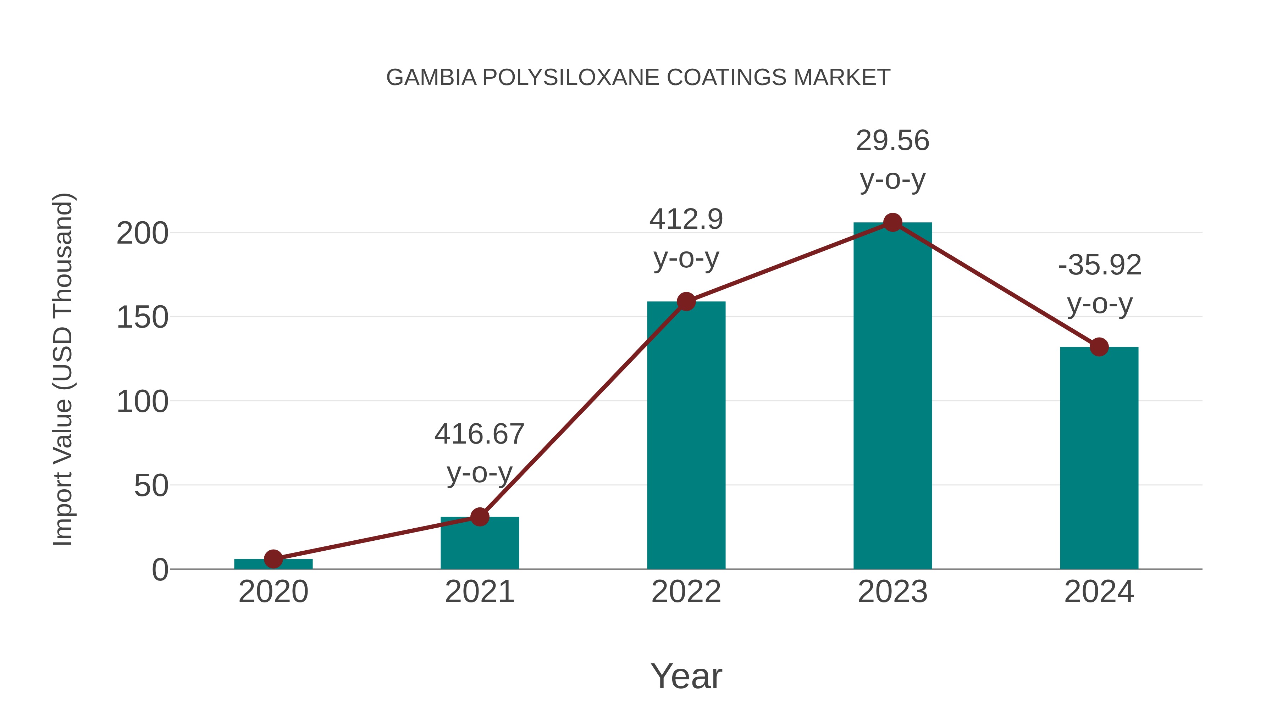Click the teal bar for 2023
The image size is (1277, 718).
point(892,396)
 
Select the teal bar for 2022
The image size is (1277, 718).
point(686,436)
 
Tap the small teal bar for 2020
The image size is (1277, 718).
point(273,564)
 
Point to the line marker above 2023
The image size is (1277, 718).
point(892,223)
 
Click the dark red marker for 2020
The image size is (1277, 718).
point(273,559)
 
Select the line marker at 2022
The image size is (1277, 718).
point(686,301)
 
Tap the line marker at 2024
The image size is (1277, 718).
point(1099,347)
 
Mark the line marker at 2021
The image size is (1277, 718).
point(479,517)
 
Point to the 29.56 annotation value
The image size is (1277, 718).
point(892,141)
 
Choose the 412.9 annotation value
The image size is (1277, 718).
point(686,219)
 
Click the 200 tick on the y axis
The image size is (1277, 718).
point(142,233)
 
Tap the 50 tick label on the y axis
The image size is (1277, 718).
point(151,486)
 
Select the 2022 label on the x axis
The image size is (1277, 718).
point(686,592)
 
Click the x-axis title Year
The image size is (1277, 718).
point(686,676)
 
